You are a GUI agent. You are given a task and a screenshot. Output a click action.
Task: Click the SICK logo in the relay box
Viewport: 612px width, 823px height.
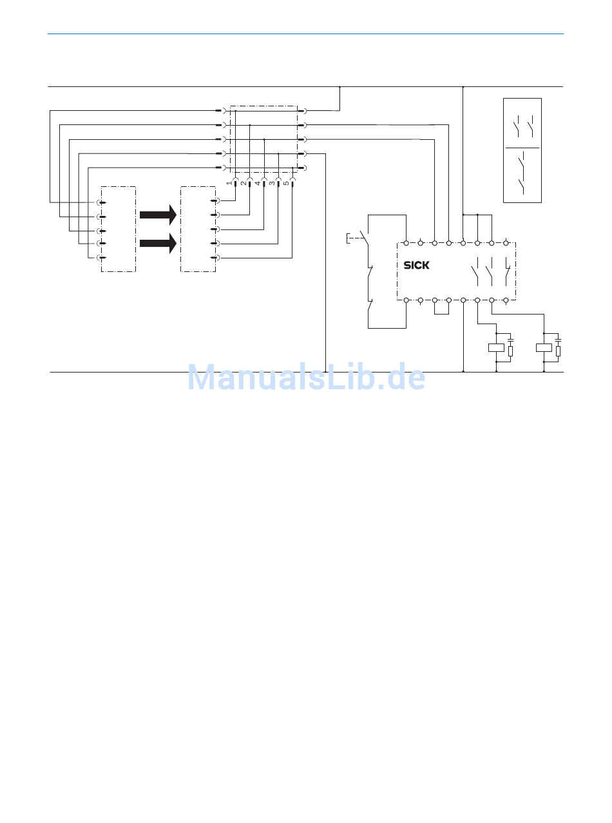pos(416,265)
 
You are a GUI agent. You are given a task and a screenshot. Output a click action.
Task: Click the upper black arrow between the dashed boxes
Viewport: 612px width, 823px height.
pos(158,214)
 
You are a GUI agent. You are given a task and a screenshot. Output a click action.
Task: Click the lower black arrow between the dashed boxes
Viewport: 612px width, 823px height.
pos(158,243)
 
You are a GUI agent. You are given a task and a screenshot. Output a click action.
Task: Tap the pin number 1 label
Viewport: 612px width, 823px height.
pos(229,184)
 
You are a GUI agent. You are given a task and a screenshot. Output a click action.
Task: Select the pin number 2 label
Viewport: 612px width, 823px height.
pos(244,184)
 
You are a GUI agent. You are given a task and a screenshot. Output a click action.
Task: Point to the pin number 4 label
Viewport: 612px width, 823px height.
pos(258,184)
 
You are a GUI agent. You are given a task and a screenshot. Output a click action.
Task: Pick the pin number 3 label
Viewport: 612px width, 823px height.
pos(272,184)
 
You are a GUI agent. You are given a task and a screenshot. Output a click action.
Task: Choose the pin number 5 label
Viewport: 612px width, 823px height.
pos(286,184)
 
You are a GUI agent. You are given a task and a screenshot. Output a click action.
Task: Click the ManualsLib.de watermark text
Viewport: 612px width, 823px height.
pos(306,378)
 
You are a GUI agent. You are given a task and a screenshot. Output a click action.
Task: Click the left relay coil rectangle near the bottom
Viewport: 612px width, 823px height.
pos(496,348)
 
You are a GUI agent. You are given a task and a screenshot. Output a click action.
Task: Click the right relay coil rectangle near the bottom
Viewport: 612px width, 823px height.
pos(544,348)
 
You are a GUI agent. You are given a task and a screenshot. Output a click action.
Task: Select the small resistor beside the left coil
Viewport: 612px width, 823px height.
pos(510,351)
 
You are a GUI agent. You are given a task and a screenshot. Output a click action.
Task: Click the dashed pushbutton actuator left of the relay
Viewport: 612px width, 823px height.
pos(353,238)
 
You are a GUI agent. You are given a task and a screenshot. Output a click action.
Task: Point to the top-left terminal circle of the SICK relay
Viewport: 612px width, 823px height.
pos(406,243)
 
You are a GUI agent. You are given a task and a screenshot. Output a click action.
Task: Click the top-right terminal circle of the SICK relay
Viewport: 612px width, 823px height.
pos(506,243)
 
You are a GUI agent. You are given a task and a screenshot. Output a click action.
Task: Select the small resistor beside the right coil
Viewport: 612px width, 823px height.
pos(558,351)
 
